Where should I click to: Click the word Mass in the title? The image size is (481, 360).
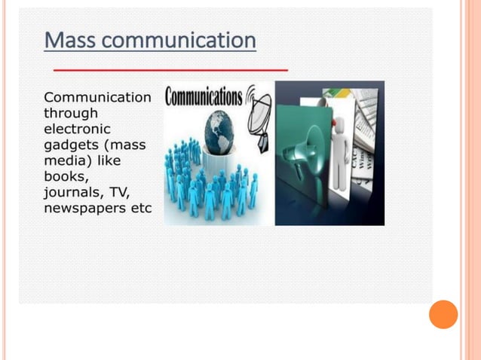pos(69,40)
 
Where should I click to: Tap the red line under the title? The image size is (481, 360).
pos(170,69)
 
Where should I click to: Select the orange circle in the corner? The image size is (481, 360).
pos(443,314)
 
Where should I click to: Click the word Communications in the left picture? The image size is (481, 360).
pos(204,97)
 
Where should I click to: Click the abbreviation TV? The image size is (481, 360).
pos(119,192)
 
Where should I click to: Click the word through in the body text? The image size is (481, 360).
pos(71,113)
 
